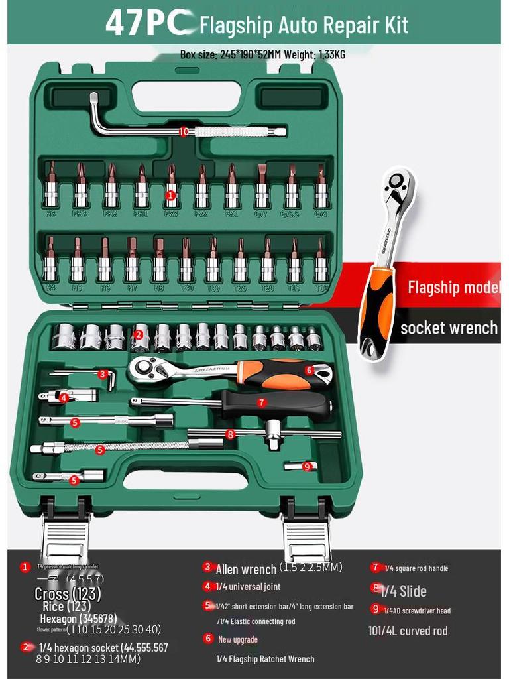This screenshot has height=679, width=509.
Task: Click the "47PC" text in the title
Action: (x=147, y=23)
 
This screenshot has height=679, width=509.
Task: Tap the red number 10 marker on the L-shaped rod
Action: (x=184, y=131)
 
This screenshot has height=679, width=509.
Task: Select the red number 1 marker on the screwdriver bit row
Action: (x=170, y=195)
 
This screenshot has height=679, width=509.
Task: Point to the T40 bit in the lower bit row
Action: (x=186, y=262)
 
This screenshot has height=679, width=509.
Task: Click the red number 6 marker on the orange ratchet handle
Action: (x=310, y=370)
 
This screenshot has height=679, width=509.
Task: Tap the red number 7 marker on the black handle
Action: (x=262, y=402)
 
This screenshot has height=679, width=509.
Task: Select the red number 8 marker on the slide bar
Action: (x=230, y=434)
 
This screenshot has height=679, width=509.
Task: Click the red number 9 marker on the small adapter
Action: (x=306, y=467)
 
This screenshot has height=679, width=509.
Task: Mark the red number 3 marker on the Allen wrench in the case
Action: (x=103, y=374)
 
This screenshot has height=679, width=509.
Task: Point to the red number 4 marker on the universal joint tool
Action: (x=64, y=398)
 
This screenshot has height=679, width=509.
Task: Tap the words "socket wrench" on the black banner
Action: (x=449, y=328)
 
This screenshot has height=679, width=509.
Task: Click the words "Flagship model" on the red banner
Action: (x=453, y=287)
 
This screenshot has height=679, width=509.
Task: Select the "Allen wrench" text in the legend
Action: (x=246, y=569)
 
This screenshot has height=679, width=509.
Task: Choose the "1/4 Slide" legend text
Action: (x=404, y=591)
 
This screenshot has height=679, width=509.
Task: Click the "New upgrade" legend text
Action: (x=238, y=639)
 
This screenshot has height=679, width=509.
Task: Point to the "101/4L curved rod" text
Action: (x=408, y=631)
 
